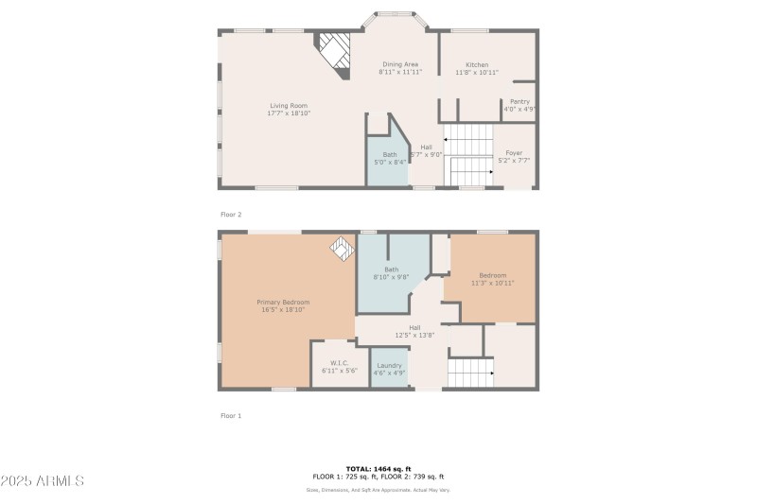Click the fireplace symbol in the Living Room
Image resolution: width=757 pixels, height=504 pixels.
point(333,49)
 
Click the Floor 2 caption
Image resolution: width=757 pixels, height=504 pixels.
point(231,215)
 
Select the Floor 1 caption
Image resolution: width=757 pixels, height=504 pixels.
point(231,415)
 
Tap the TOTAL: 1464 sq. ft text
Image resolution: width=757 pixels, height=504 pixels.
point(378,469)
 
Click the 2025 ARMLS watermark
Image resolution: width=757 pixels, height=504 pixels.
point(44,480)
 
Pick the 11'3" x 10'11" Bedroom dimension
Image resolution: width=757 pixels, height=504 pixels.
point(492,283)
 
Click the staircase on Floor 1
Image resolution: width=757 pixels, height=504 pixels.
point(470,373)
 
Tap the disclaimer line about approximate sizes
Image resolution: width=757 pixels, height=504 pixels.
point(378,490)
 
